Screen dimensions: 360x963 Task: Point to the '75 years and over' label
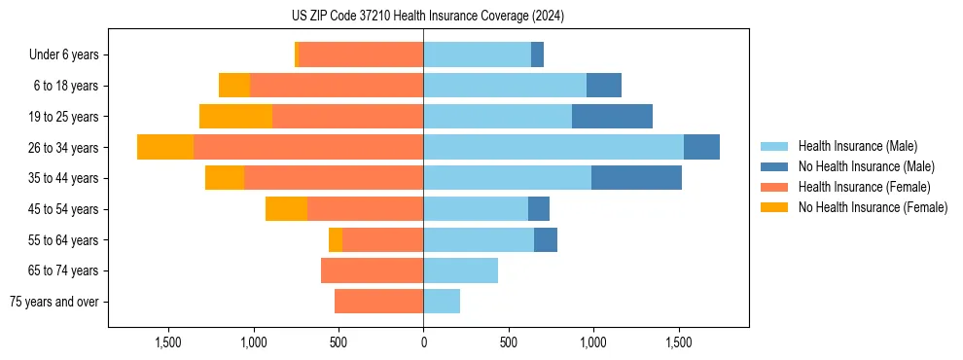tap(54, 302)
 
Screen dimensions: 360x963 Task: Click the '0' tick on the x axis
tap(423, 342)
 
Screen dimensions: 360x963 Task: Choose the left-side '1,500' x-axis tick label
tap(168, 342)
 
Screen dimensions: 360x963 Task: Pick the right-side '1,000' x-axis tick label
tap(592, 342)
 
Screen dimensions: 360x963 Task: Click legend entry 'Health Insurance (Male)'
tap(857, 146)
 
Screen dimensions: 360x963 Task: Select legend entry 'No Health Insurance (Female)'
tap(873, 207)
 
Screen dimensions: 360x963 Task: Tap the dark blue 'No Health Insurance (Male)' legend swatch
tap(774, 166)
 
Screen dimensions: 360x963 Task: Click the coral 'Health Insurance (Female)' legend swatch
tap(774, 187)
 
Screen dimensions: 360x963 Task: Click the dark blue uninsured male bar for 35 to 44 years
tap(636, 178)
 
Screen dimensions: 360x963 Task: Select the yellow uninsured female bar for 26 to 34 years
tap(165, 147)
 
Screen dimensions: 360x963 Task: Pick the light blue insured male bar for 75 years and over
tap(442, 302)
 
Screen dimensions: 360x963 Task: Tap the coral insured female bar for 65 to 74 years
tap(372, 270)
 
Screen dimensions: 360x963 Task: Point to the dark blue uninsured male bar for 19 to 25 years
tap(612, 116)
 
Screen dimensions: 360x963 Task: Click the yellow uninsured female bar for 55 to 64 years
tap(336, 239)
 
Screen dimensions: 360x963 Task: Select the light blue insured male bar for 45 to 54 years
tap(476, 208)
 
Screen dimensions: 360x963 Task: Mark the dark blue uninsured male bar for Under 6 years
tap(537, 54)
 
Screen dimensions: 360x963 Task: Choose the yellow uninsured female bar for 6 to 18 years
tap(234, 86)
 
